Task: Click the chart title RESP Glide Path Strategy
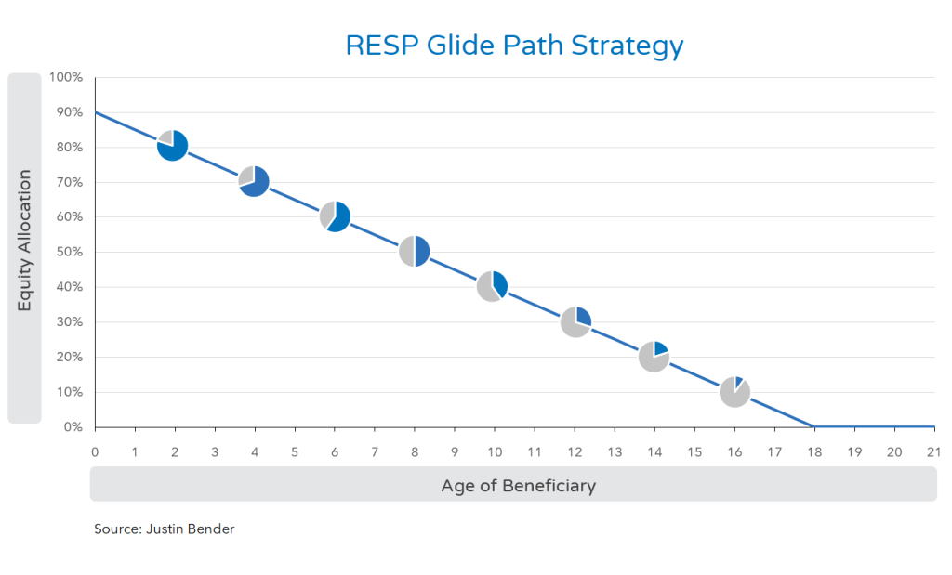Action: [514, 46]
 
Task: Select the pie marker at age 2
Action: [173, 146]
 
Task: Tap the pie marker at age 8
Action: [414, 251]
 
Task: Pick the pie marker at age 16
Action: [734, 391]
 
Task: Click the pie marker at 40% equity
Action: [493, 286]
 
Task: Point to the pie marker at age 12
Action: [575, 321]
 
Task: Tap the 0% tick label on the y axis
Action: [73, 427]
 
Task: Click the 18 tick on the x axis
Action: [814, 452]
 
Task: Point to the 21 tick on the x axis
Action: [933, 452]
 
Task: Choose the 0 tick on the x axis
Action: [95, 452]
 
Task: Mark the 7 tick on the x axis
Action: [375, 452]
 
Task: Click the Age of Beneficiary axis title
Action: [518, 485]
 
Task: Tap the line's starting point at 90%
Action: [96, 112]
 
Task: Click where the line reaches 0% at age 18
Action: [814, 426]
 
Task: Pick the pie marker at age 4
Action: [254, 181]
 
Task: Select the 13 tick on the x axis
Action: [615, 452]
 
